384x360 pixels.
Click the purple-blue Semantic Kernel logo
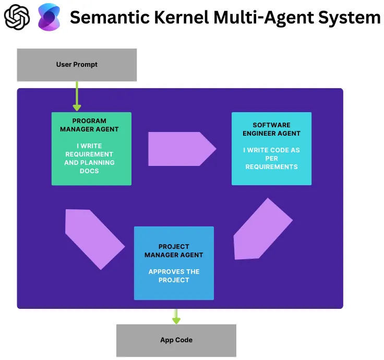(49, 17)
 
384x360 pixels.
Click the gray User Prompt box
(77, 65)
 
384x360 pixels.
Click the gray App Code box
(176, 340)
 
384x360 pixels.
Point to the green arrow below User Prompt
(77, 97)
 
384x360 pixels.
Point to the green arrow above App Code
(176, 316)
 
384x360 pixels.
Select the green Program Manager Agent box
(91, 149)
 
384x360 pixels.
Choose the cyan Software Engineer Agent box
(271, 149)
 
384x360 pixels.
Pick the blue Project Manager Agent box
(174, 263)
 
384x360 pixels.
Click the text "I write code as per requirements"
(271, 159)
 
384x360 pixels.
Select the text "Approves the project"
(174, 275)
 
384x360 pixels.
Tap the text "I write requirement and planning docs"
(89, 159)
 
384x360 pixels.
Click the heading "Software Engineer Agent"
(271, 129)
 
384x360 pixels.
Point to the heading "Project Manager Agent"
(174, 250)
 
